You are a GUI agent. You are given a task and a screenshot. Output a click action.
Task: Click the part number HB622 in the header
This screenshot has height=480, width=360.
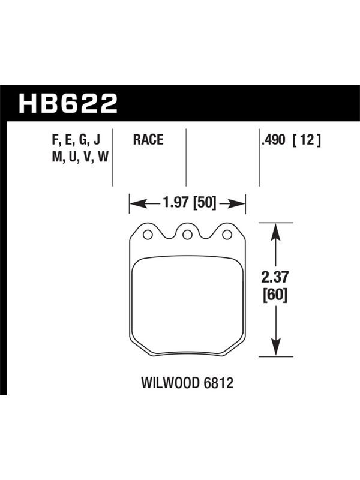[x=68, y=103]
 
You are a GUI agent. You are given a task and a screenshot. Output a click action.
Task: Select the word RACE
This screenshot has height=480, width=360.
[x=148, y=140]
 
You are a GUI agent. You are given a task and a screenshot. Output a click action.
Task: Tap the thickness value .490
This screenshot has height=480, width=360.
[x=273, y=140]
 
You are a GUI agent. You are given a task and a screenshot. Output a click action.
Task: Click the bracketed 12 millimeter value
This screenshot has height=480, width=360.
[x=307, y=140]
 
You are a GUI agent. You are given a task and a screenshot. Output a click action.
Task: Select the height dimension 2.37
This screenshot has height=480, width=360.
[x=275, y=277]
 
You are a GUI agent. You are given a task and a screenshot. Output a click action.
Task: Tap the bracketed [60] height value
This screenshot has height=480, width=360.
[x=275, y=295]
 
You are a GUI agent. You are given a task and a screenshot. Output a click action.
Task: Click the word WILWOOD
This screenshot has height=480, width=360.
[x=170, y=383]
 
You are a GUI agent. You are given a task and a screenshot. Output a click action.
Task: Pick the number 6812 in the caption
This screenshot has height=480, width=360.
[x=218, y=383]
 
